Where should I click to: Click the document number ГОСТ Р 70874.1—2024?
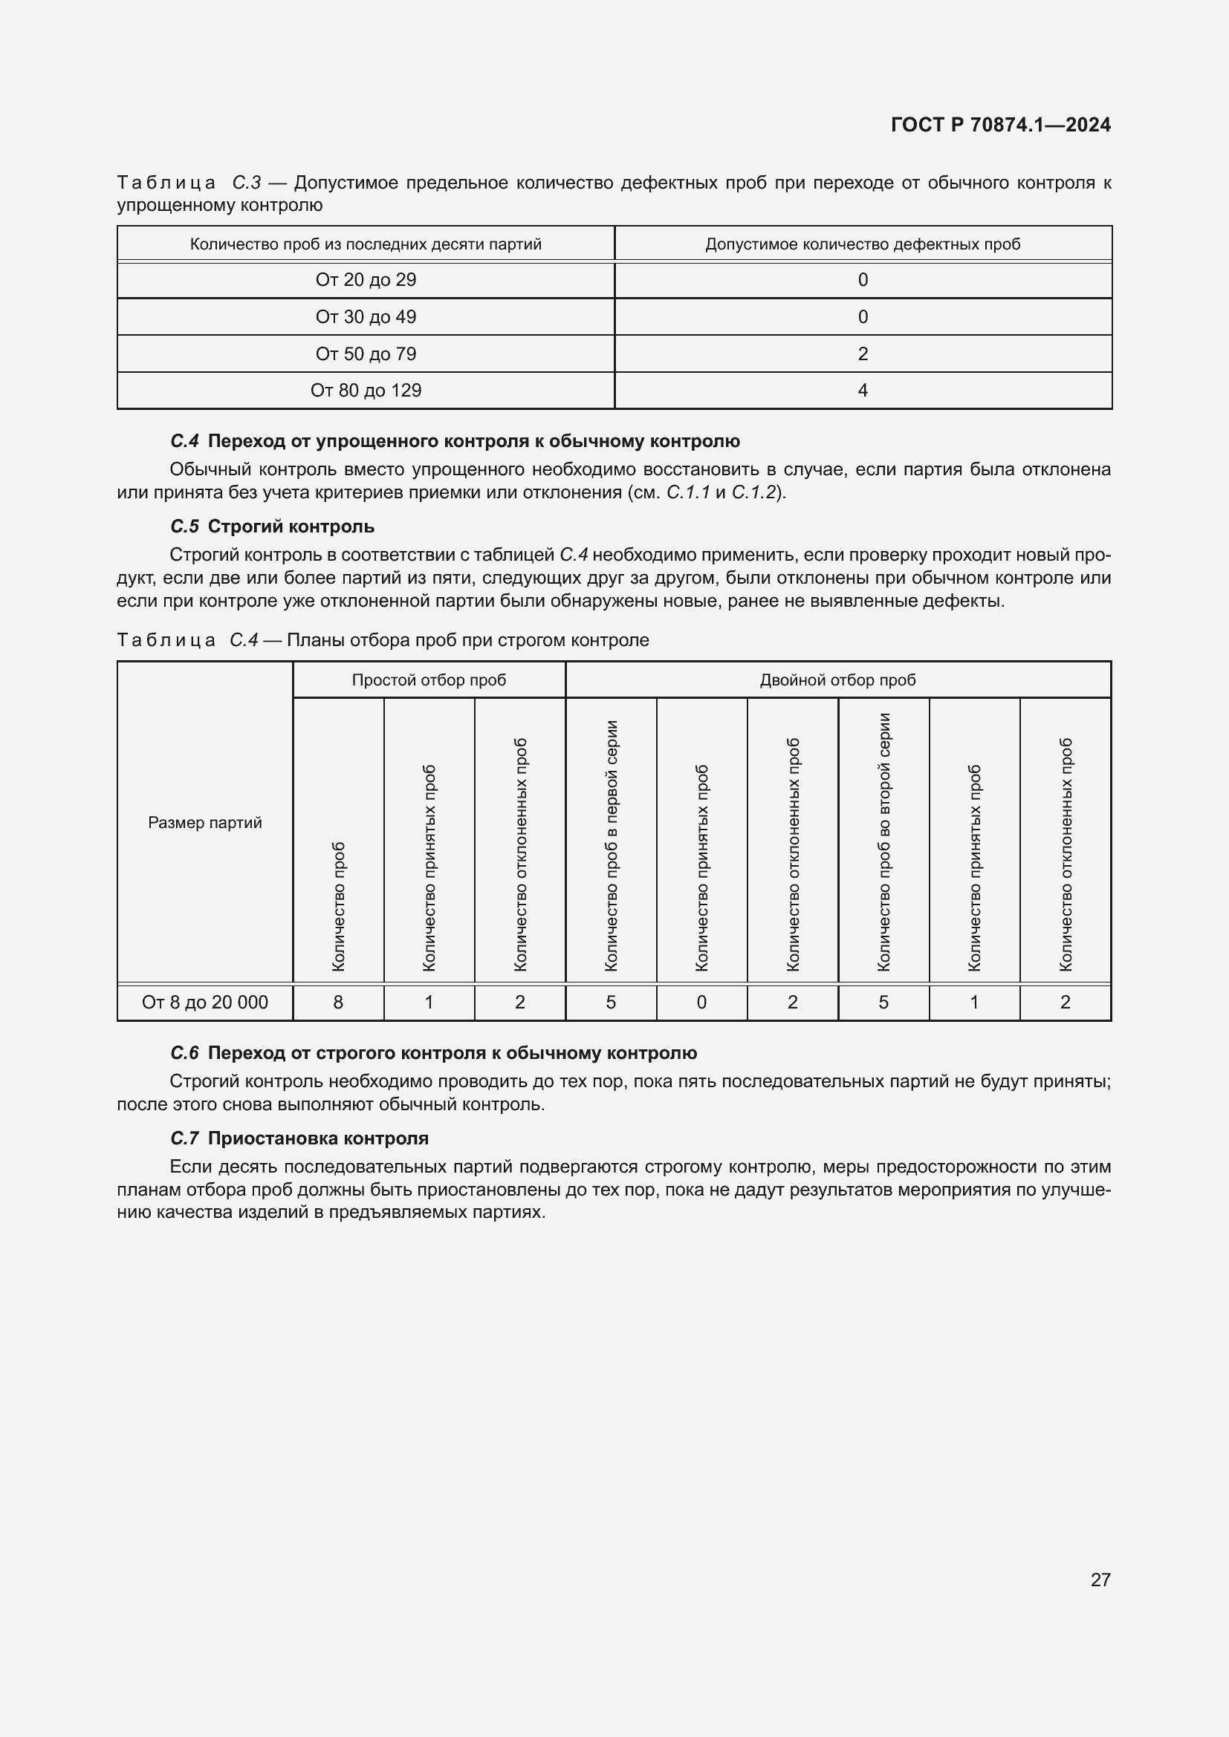point(999,125)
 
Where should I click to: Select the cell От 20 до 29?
point(366,280)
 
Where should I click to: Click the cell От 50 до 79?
point(366,354)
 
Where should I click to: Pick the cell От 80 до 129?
point(366,391)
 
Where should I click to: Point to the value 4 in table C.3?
point(863,391)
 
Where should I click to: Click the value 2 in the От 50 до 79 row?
point(863,354)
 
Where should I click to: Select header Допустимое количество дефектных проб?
point(863,244)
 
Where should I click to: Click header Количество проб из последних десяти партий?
point(366,244)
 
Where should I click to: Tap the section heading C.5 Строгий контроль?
point(273,527)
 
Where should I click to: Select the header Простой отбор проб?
point(429,680)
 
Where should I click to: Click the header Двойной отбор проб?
point(837,680)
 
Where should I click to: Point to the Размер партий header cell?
point(205,822)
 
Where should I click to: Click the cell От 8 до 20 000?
point(205,1003)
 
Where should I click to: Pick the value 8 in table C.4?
point(338,1003)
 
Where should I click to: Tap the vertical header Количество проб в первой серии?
point(612,845)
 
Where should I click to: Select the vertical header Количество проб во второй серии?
point(884,841)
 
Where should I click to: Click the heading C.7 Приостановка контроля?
point(299,1138)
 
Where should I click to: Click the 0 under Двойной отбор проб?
point(701,1003)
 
